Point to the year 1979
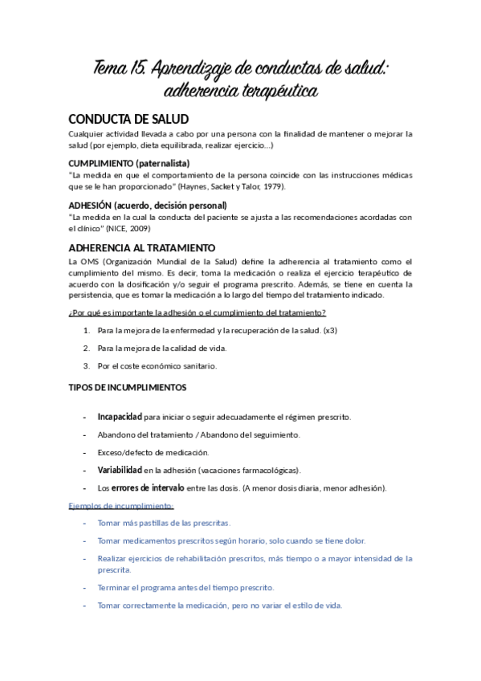point(271,186)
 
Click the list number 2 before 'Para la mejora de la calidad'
point(86,348)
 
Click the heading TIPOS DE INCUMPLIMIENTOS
point(128,387)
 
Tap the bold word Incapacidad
point(120,417)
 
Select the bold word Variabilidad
point(120,470)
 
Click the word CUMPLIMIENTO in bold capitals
point(104,163)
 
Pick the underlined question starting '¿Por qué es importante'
point(198,312)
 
